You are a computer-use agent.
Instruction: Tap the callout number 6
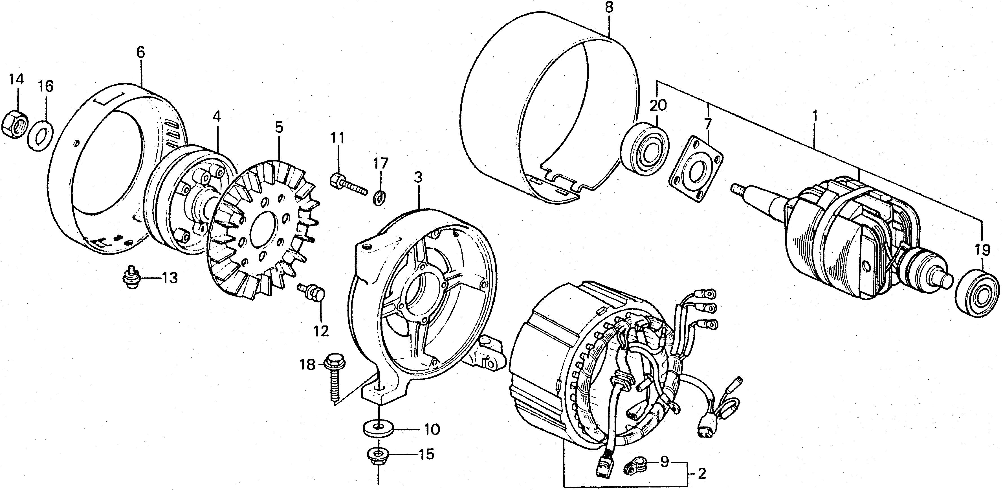tap(140, 53)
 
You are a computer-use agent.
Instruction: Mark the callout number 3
tap(418, 178)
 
